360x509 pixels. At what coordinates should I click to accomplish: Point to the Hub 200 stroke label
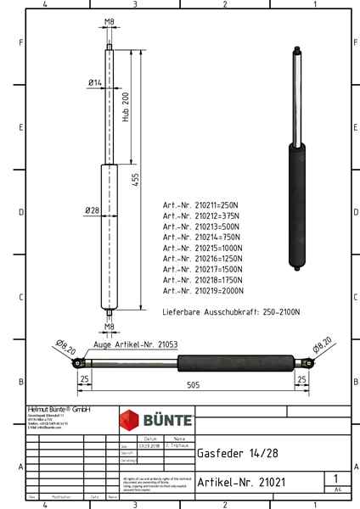coord(126,110)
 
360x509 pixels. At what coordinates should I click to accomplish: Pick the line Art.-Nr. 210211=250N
coord(201,205)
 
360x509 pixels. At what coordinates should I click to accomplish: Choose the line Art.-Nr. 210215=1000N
coord(203,248)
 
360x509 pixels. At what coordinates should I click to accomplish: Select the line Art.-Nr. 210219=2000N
coord(203,290)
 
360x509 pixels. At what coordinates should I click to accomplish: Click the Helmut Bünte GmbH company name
coord(59,409)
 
